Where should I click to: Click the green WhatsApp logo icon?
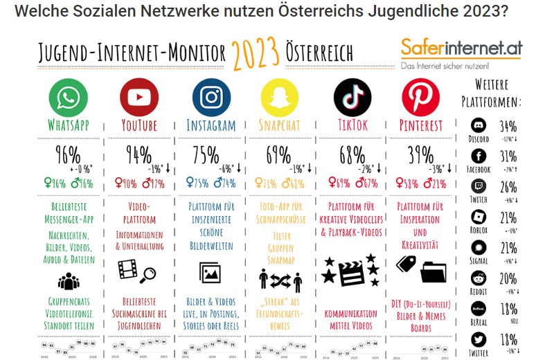pos(68,97)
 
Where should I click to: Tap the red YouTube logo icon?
pos(138,97)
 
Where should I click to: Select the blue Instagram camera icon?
pos(211,97)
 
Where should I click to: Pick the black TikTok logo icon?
pos(352,97)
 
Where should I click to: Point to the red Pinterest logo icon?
pos(420,97)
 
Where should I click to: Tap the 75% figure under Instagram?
pos(206,154)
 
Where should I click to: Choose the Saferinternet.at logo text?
pos(461,48)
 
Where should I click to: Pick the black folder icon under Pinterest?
pos(434,271)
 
